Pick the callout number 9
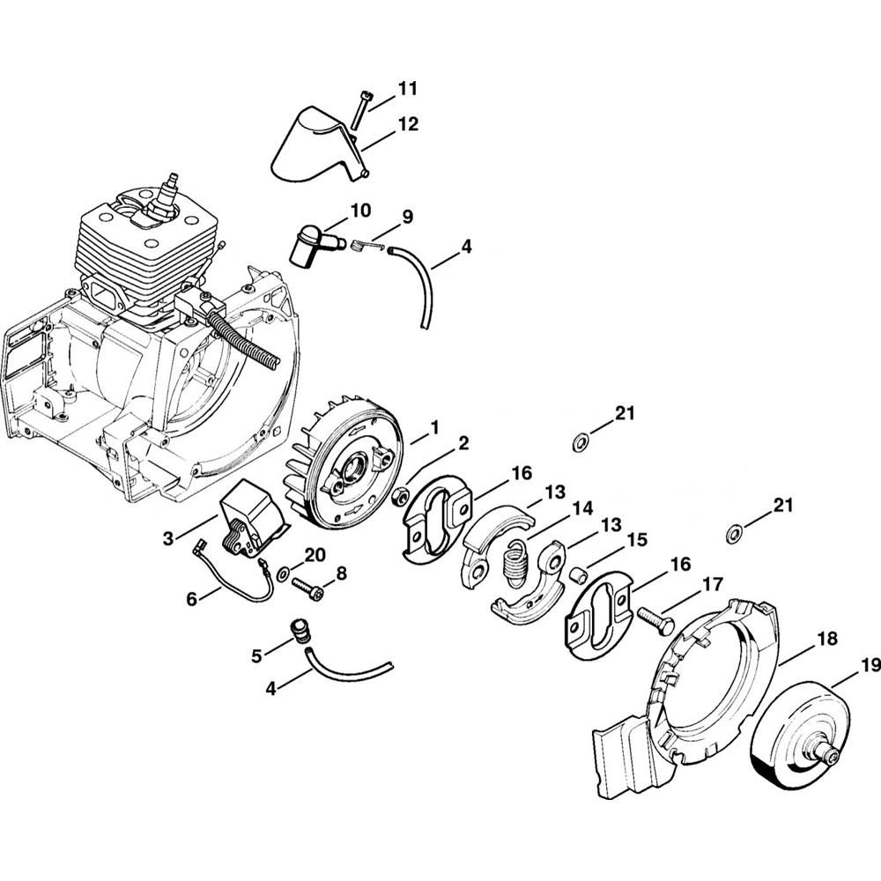408,217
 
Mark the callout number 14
581,507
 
